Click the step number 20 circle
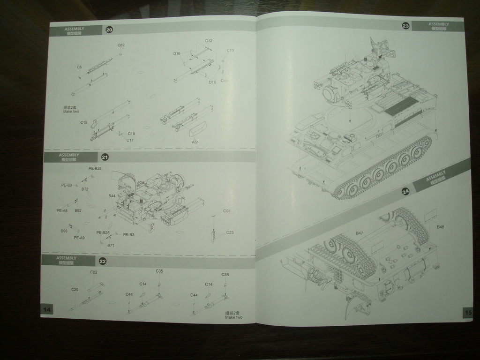click(x=109, y=30)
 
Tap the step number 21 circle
click(x=105, y=157)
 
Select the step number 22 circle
click(x=102, y=261)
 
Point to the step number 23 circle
click(x=406, y=26)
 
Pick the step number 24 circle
click(x=406, y=191)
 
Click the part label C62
click(x=121, y=45)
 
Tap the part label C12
click(x=209, y=41)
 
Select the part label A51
click(x=195, y=142)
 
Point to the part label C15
click(x=83, y=122)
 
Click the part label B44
click(x=112, y=196)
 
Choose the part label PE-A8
click(x=62, y=210)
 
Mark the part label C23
click(x=230, y=232)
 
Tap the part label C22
click(x=94, y=272)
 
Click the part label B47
click(x=359, y=233)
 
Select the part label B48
click(x=441, y=227)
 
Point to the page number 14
click(x=47, y=309)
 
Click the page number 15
click(x=468, y=313)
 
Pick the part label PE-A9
click(x=79, y=238)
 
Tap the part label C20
click(x=75, y=289)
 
